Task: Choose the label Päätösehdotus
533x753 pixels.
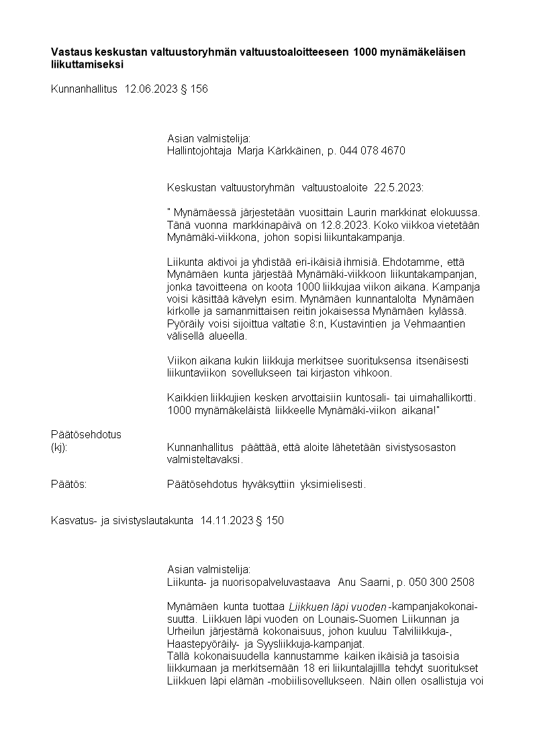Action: click(x=86, y=434)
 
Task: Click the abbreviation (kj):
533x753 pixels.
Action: click(x=59, y=447)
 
